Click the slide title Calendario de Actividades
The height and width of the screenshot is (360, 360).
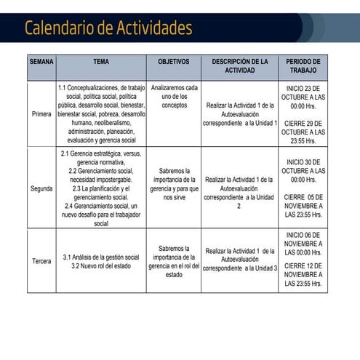click(108, 28)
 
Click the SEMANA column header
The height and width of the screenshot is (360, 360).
click(41, 63)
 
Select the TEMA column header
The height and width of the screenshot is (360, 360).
click(101, 63)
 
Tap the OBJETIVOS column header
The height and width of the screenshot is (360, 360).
click(173, 63)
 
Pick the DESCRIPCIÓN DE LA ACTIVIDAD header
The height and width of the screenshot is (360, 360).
click(240, 67)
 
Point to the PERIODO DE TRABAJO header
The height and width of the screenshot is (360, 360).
click(303, 67)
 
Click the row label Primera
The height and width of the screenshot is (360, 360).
click(41, 114)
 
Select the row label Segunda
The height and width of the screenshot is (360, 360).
click(41, 188)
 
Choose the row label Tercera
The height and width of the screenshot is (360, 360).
click(41, 260)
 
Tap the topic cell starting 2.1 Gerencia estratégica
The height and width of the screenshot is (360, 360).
click(101, 188)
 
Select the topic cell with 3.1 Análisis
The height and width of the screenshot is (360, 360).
click(101, 261)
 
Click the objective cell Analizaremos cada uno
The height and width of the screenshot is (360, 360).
click(174, 96)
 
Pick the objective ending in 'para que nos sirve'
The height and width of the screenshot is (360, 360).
click(174, 183)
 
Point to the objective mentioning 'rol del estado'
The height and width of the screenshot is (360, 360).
click(174, 261)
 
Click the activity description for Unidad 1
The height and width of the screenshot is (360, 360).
click(240, 114)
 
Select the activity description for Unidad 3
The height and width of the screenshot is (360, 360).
click(240, 260)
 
